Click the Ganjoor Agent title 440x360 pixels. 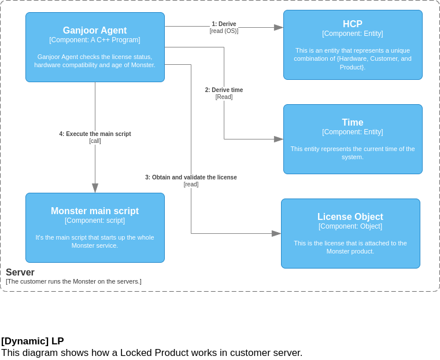click(95, 31)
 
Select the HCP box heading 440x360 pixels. click(353, 24)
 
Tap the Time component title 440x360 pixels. click(353, 123)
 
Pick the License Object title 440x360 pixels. click(350, 217)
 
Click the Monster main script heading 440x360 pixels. click(95, 211)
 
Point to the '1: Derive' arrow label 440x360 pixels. click(224, 24)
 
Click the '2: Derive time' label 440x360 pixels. click(224, 90)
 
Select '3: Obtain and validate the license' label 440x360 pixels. click(191, 178)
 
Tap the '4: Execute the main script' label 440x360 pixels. click(95, 134)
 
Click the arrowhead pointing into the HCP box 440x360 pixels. click(279, 27)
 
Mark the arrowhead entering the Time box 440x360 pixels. click(279, 139)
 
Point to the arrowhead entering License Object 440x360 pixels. click(276, 234)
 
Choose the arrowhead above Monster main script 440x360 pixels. click(95, 188)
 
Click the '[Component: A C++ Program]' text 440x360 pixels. click(95, 41)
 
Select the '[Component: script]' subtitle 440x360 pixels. click(95, 221)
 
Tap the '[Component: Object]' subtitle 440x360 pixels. click(350, 226)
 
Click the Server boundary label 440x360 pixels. click(20, 273)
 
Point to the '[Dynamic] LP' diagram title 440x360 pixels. click(32, 341)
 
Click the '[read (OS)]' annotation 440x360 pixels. click(224, 31)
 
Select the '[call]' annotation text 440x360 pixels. click(95, 141)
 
